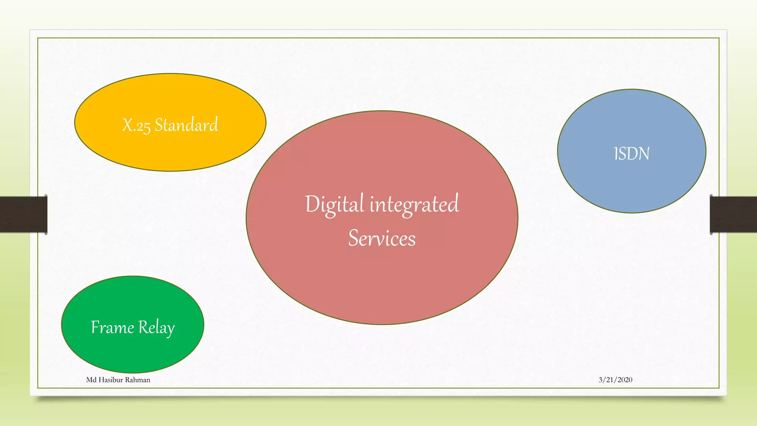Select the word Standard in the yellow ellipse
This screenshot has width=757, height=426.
click(186, 125)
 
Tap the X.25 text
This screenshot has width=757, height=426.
click(136, 125)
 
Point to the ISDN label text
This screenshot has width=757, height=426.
click(631, 154)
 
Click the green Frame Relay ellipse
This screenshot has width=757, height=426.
click(132, 351)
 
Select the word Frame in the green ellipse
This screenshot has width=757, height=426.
click(112, 328)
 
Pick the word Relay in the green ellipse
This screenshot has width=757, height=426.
click(156, 328)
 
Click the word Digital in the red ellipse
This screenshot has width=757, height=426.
click(335, 204)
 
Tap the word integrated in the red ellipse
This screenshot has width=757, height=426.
click(414, 204)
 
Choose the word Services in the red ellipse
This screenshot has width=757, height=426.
click(382, 238)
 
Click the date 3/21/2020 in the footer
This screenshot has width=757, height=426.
click(615, 380)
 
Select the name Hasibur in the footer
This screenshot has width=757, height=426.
click(111, 380)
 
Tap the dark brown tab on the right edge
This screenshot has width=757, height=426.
click(733, 214)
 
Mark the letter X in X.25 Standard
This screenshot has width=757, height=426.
click(128, 125)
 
